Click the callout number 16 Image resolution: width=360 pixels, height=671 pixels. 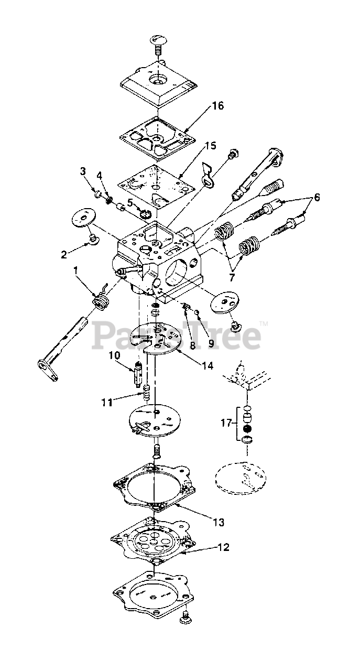pyautogui.click(x=203, y=106)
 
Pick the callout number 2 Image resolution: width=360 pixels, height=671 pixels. pyautogui.click(x=63, y=255)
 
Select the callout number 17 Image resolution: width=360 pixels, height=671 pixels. pyautogui.click(x=225, y=422)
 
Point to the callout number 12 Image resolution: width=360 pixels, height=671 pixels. pyautogui.click(x=223, y=547)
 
